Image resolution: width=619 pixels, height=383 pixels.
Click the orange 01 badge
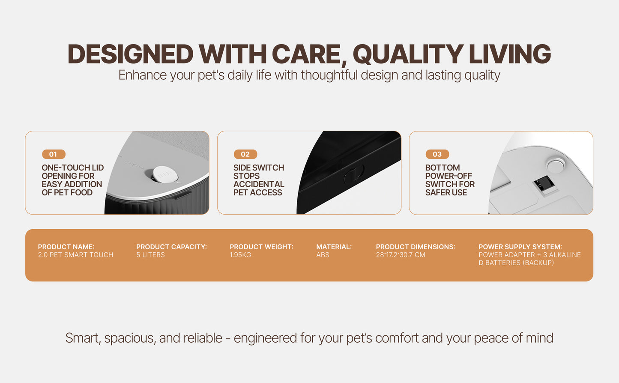pos(54,154)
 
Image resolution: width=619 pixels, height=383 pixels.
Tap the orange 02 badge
pos(245,154)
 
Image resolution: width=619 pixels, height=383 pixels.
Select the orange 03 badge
pos(437,154)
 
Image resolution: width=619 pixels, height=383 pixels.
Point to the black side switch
pos(354,174)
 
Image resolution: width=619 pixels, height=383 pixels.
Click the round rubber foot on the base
pos(556,165)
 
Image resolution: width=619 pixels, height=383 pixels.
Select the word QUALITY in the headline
pos(408,54)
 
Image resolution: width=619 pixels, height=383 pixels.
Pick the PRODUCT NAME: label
pos(66,247)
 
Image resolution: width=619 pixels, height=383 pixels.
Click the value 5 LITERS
pos(150,255)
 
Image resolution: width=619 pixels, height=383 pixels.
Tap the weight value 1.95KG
pos(240,255)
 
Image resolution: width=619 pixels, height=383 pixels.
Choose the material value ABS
pos(323,255)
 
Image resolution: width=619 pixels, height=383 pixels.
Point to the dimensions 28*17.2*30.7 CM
pos(401,255)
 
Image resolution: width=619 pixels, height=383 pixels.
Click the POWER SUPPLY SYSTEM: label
pos(520,247)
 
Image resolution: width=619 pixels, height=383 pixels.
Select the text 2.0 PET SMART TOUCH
pos(75,255)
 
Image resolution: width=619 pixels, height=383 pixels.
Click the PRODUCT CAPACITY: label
pos(171,247)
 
